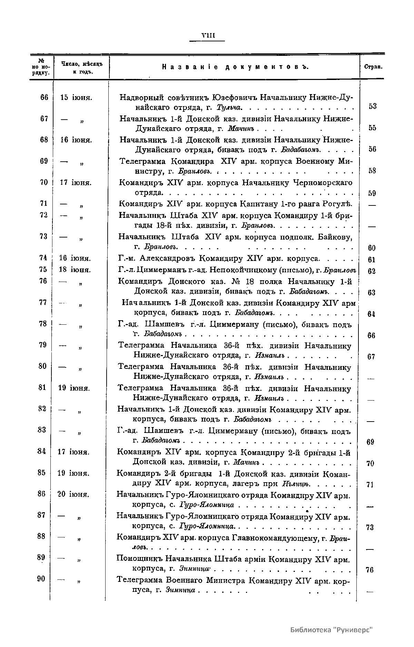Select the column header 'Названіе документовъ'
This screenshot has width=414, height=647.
(x=235, y=67)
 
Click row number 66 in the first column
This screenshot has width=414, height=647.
(x=44, y=97)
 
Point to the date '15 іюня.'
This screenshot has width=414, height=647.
(x=76, y=97)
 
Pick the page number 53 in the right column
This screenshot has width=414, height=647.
(x=372, y=106)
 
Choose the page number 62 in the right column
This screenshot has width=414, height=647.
(x=372, y=271)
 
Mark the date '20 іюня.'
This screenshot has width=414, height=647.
(x=73, y=494)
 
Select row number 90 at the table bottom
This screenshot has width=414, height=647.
(x=41, y=579)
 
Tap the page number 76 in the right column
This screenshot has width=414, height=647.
(x=370, y=570)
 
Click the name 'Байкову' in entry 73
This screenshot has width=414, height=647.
(x=335, y=237)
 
